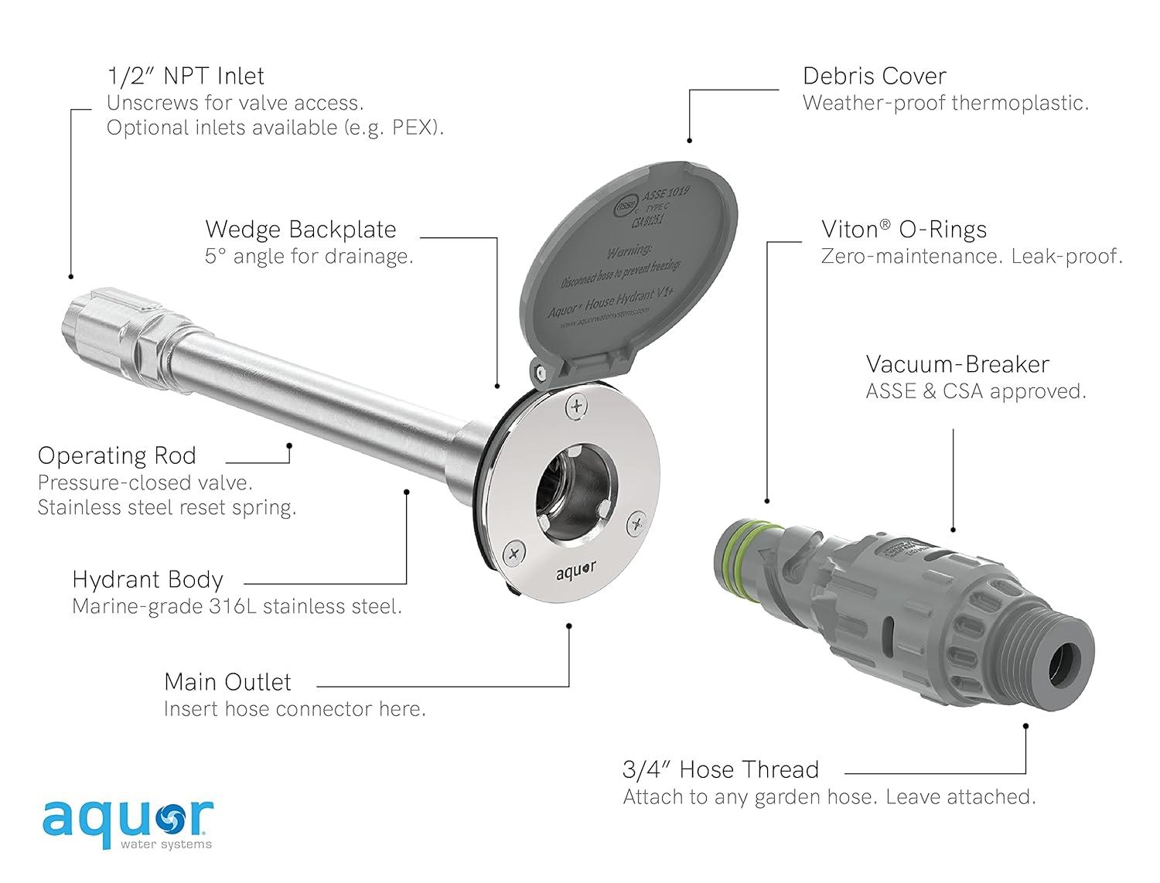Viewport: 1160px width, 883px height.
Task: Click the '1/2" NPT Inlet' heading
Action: click(x=186, y=76)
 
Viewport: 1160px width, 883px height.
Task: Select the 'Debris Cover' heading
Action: click(x=874, y=76)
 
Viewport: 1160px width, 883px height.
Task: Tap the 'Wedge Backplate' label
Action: click(x=300, y=230)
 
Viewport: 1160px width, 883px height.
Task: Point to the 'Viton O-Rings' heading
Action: click(x=903, y=230)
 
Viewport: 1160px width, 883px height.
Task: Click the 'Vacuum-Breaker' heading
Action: click(x=957, y=364)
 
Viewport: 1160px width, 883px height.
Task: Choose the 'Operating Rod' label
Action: click(x=117, y=455)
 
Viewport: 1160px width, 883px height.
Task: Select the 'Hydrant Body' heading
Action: click(x=147, y=580)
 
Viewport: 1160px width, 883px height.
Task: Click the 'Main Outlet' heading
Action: click(x=227, y=682)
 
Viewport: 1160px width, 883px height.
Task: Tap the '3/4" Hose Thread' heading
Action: click(x=720, y=769)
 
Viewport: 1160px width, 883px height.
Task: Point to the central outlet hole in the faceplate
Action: click(x=575, y=485)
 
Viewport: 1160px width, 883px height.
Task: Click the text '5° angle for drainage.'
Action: click(x=309, y=257)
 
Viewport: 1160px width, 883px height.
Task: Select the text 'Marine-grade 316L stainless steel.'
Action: click(x=237, y=606)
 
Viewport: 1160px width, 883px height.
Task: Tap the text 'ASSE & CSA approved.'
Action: click(x=975, y=391)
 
